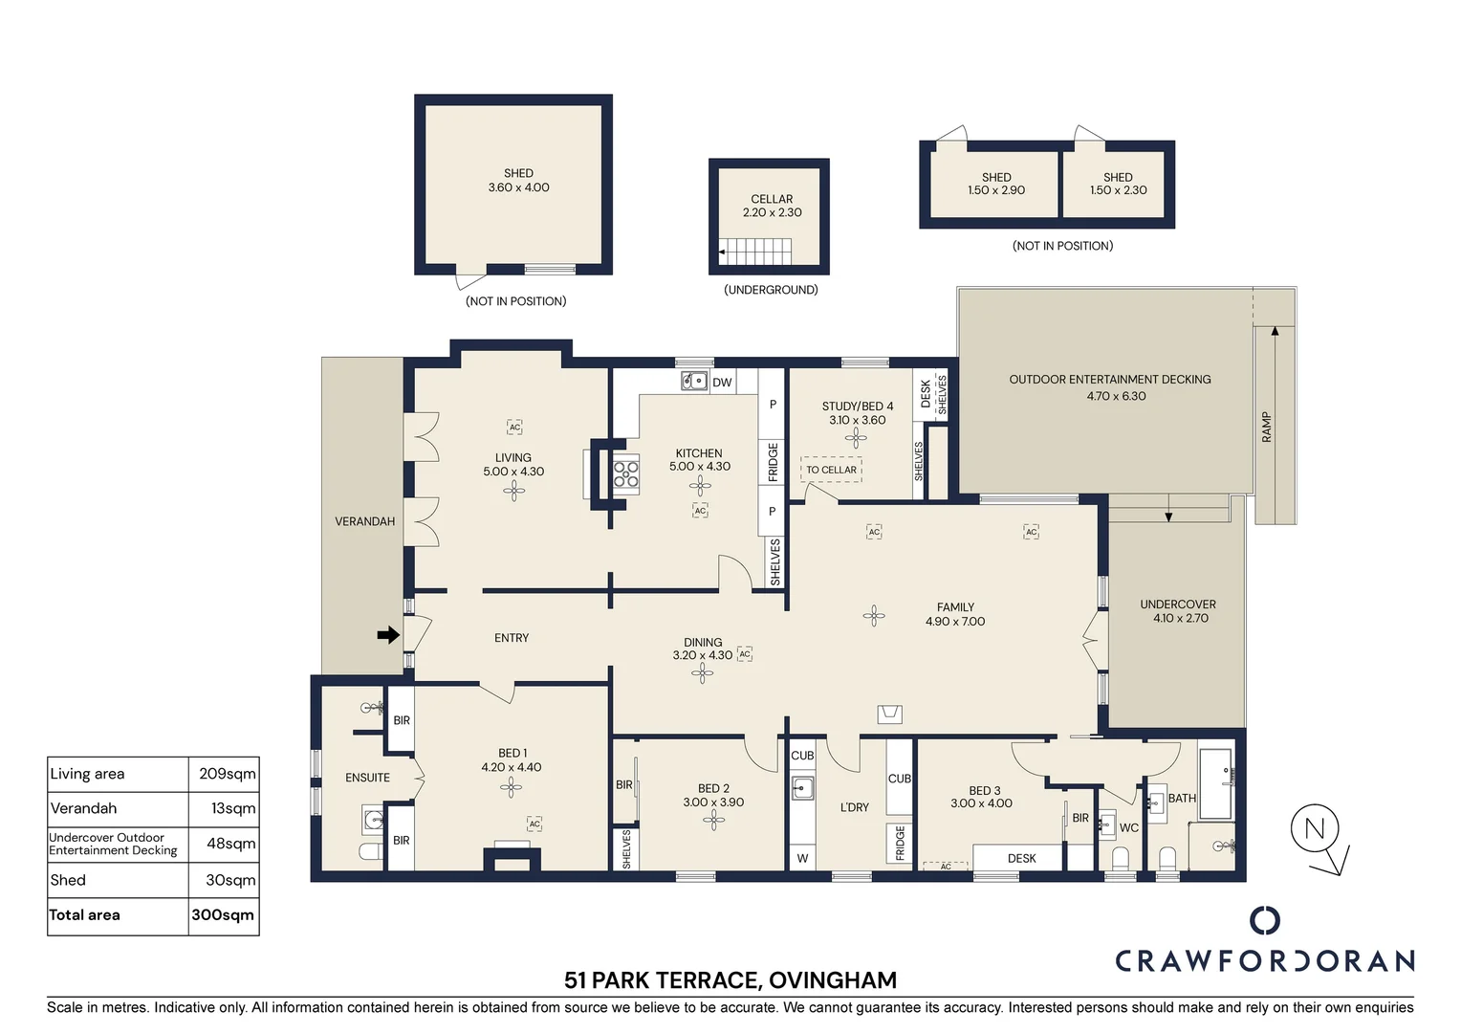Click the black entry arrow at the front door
[388, 634]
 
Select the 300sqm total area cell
[223, 915]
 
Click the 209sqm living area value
[227, 773]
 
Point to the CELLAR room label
[772, 199]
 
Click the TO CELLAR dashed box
[831, 470]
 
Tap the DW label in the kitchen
[722, 383]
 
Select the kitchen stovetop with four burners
[626, 474]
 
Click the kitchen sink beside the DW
[694, 381]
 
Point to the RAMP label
[1266, 427]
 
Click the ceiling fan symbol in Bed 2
[713, 821]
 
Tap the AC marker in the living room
[514, 428]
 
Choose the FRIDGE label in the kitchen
[773, 462]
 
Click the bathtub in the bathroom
[1216, 783]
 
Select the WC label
[1128, 827]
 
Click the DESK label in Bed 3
[1021, 858]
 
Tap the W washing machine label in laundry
[802, 858]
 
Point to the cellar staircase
[755, 252]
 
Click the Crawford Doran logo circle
[1265, 920]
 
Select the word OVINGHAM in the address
[832, 980]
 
